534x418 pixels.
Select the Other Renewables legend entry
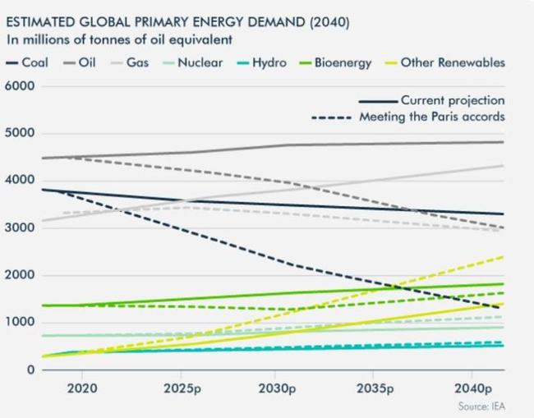pos(452,63)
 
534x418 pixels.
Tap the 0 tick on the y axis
pos(31,370)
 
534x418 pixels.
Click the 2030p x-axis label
pos(278,386)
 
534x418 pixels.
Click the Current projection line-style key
pos(433,101)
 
